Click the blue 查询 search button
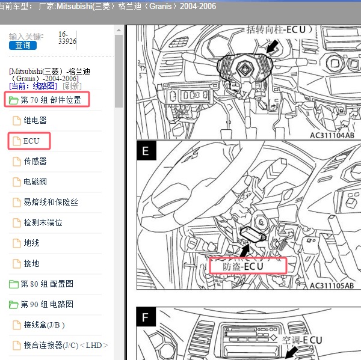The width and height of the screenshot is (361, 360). [x=23, y=45]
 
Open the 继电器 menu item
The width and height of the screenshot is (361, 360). [x=35, y=120]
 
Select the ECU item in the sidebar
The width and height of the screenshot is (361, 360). [x=31, y=141]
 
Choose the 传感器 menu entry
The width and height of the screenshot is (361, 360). [x=35, y=161]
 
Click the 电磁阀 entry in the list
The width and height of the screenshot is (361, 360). [x=35, y=182]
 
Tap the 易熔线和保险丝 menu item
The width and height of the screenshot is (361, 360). [x=51, y=202]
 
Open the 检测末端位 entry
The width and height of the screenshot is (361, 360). [x=43, y=222]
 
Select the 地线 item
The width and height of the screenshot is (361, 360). [x=31, y=243]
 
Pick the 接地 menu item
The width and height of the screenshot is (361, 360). [x=31, y=263]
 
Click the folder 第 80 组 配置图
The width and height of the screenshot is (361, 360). [x=47, y=284]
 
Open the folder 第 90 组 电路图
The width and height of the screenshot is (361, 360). [x=47, y=304]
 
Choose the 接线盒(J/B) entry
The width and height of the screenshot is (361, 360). [x=44, y=325]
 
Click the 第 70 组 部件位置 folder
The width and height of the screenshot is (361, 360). [x=51, y=100]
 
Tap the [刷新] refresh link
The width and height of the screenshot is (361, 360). [x=72, y=86]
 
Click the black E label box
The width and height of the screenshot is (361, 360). [x=146, y=151]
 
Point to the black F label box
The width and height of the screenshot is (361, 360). [x=146, y=317]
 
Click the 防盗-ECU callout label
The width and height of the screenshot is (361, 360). [x=243, y=266]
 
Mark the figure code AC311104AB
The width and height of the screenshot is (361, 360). [x=332, y=135]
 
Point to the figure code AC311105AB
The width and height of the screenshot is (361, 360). [x=332, y=285]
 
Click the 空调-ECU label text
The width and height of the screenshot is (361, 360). [x=302, y=340]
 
